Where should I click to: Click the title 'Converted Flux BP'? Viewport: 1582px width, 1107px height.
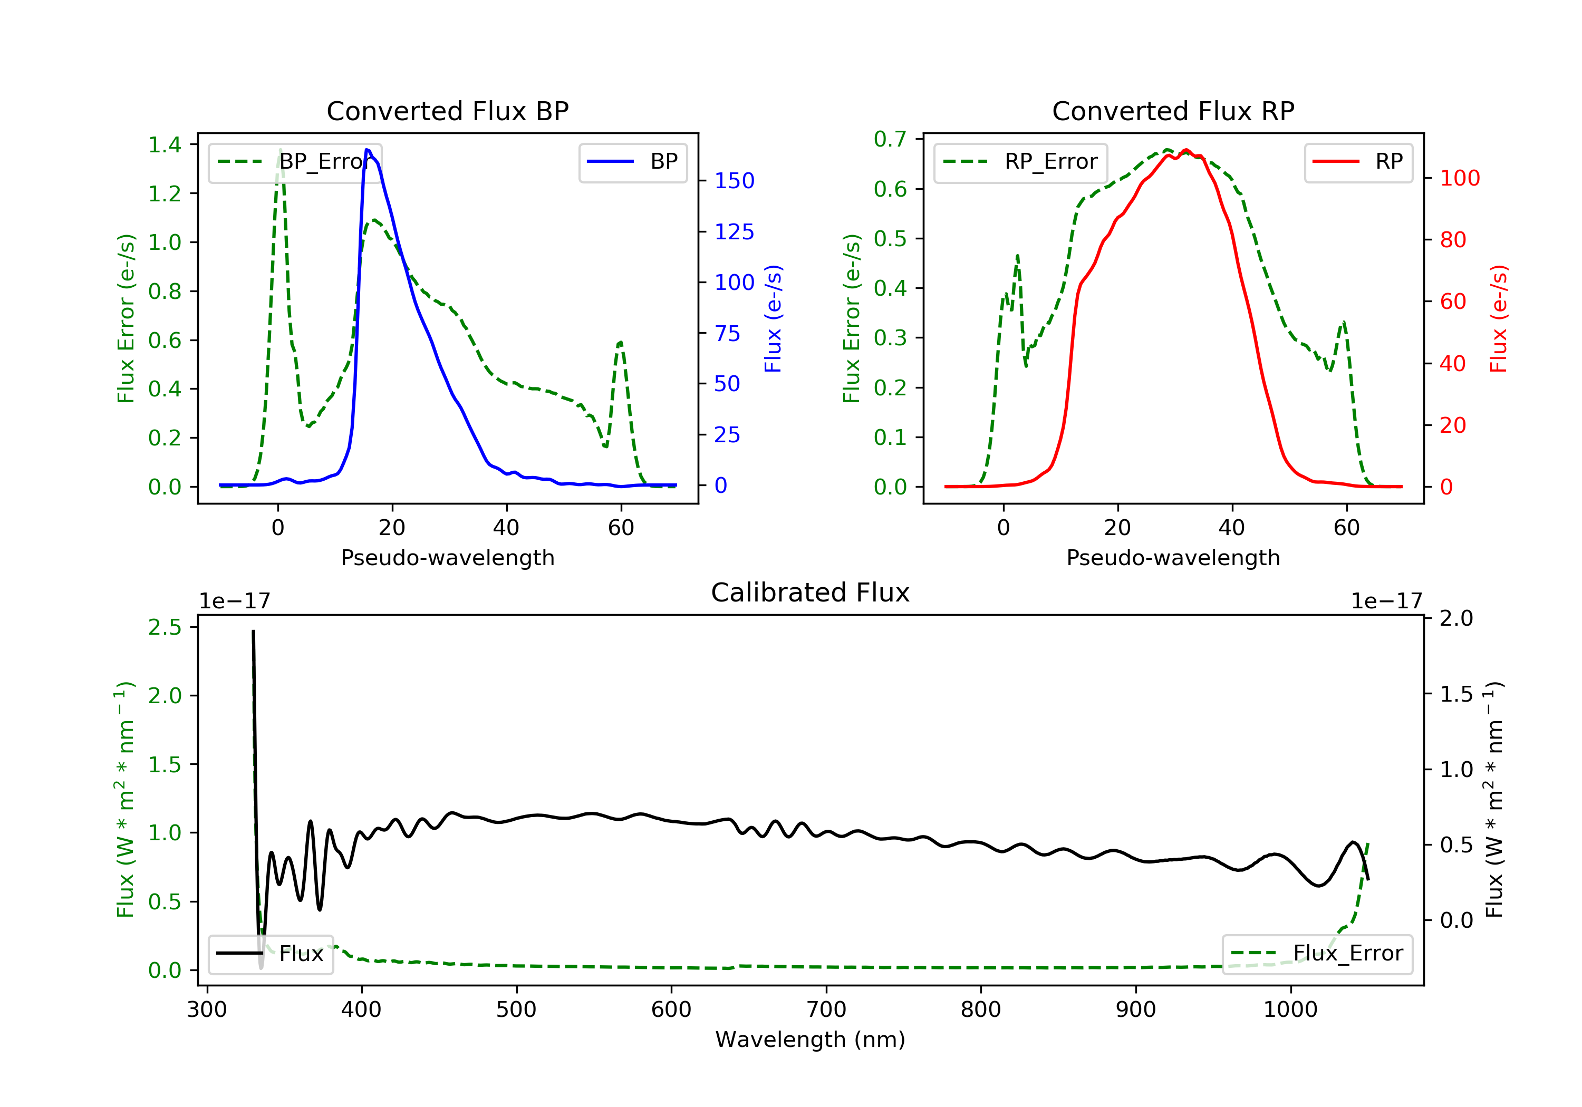447,111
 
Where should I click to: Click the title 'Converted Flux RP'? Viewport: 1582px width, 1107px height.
1173,111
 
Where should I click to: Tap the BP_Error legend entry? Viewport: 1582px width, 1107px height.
295,162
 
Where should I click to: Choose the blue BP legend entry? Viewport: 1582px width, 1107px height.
632,162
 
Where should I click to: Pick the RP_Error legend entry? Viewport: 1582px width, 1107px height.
1020,162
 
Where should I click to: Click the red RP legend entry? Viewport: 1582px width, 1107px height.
1358,162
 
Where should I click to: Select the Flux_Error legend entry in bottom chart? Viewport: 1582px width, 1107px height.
1317,954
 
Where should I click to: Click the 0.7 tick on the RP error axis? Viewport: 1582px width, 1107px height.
890,139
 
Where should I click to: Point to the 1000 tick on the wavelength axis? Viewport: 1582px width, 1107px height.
1290,1010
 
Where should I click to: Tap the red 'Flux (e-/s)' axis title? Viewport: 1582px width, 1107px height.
1498,318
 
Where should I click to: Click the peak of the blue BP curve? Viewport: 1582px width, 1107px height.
367,150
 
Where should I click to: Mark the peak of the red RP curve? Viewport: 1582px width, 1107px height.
1185,150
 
